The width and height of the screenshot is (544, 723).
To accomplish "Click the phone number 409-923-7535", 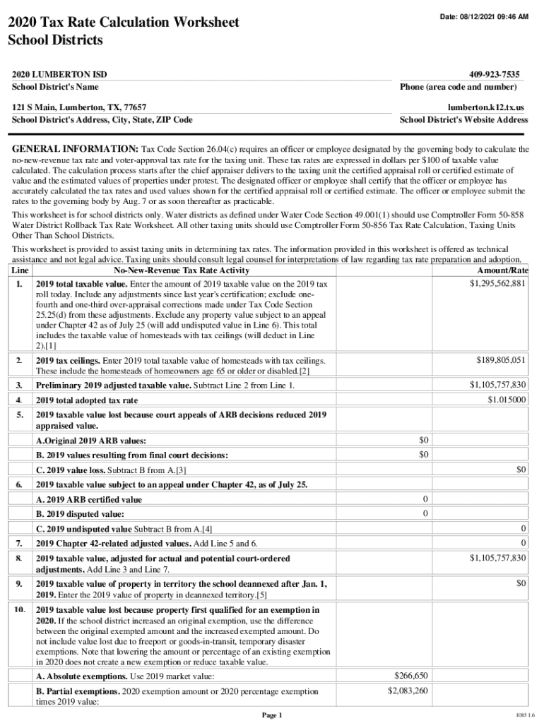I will click(x=494, y=74).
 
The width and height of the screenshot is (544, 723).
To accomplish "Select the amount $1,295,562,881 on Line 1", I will click(x=497, y=283).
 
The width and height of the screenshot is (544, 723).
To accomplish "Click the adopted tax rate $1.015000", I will click(x=507, y=400).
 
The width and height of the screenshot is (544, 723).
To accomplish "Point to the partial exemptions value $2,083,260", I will click(x=408, y=691).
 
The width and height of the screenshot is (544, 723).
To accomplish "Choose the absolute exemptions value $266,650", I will click(x=410, y=676).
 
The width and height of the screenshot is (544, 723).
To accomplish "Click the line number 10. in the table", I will click(x=20, y=609).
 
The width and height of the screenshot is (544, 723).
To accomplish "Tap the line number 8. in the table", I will click(x=19, y=558).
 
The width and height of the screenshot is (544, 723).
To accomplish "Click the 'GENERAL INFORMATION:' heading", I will click(x=75, y=150).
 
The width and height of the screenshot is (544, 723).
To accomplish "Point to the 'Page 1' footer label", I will click(x=272, y=715).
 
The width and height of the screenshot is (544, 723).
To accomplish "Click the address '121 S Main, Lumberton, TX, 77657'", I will click(x=79, y=107).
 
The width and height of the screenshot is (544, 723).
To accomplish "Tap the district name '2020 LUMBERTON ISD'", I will click(x=60, y=74).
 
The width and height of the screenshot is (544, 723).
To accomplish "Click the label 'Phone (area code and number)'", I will click(x=458, y=87).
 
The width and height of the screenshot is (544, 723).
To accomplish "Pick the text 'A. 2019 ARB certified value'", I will click(x=88, y=499).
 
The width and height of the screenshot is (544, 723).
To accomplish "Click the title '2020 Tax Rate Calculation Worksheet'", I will click(x=123, y=23).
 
